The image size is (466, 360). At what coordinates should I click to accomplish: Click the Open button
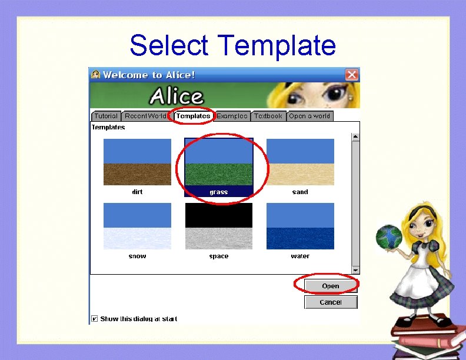(331, 286)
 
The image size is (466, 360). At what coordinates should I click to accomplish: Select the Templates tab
(193, 116)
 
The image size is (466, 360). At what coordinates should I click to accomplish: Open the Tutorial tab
(106, 116)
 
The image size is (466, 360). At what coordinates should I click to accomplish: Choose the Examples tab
(232, 116)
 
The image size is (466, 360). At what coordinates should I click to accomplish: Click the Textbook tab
(268, 116)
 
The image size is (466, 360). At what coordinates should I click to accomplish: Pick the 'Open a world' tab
(309, 116)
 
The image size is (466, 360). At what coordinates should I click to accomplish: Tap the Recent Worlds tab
(145, 116)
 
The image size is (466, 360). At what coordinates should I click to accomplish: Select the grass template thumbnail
(219, 162)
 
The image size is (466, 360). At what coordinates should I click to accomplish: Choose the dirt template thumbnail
(137, 162)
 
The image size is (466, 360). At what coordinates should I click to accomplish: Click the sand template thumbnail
(300, 162)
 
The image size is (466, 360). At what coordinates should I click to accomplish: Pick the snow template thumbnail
(137, 226)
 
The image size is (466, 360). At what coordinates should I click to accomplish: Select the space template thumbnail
(219, 226)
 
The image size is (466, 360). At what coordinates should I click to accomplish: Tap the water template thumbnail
(300, 226)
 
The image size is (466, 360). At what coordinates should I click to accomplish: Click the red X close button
(351, 75)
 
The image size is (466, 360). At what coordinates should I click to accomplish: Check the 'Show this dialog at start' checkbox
(95, 319)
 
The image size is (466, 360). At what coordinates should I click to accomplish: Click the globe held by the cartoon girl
(388, 236)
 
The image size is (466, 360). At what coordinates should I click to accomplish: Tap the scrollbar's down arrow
(355, 269)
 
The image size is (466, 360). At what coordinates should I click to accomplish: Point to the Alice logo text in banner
(176, 96)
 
